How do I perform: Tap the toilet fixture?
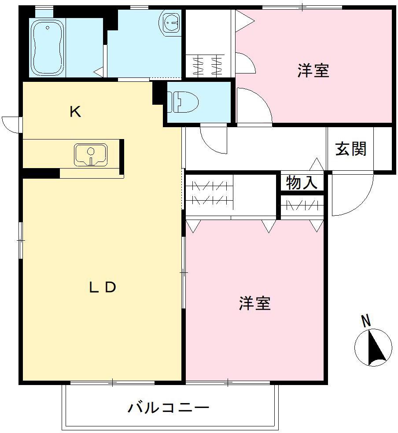tap(182, 102)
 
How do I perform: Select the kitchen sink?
tap(91, 154)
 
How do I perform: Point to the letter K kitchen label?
tap(75, 112)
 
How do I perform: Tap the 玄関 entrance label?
tap(350, 149)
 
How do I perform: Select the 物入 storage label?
tap(302, 183)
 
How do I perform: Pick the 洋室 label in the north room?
tap(313, 70)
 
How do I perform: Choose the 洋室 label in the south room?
tap(254, 304)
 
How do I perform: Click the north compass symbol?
tap(373, 347)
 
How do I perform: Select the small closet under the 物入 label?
tap(302, 205)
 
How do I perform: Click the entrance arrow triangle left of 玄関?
tap(317, 164)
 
